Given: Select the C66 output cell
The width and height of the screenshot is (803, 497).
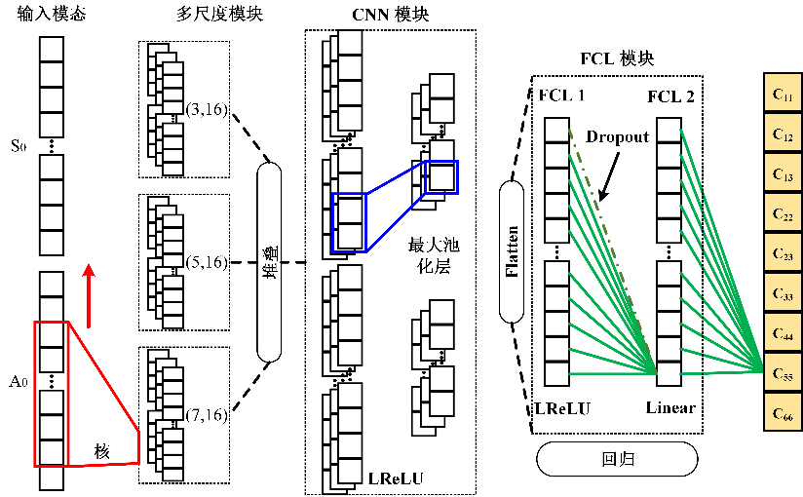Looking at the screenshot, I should click(782, 411).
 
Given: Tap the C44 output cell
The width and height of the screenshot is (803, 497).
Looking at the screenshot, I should click(782, 332).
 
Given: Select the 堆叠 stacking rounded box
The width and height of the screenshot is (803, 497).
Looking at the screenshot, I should click(270, 260).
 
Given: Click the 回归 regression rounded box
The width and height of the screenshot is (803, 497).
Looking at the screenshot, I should click(616, 458).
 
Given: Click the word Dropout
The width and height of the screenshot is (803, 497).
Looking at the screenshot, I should click(618, 138).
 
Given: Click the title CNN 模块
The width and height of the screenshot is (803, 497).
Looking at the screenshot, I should click(390, 16).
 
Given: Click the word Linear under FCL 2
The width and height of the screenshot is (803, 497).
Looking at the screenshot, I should click(670, 407).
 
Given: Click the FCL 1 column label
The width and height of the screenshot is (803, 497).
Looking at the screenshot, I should click(562, 97).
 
